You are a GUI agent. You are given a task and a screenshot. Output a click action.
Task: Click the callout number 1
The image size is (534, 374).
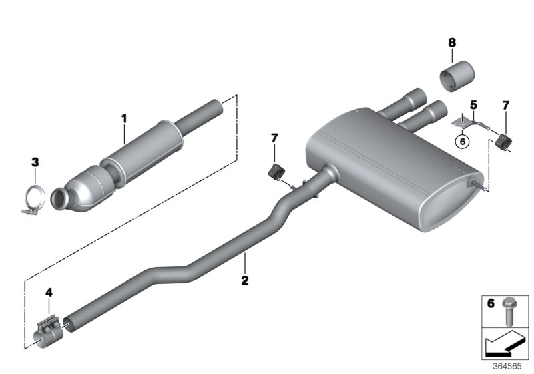coord(123,118)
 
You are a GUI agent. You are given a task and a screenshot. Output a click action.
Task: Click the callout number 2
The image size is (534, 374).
coord(245,280)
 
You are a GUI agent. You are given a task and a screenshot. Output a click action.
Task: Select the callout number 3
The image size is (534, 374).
coord(35,162)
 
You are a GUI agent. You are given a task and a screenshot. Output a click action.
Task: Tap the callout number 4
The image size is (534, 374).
coord(48,292)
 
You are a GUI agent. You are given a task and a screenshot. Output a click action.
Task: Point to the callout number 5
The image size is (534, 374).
coord(473,105)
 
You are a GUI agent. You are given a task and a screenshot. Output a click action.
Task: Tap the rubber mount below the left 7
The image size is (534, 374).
coord(275,171)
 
